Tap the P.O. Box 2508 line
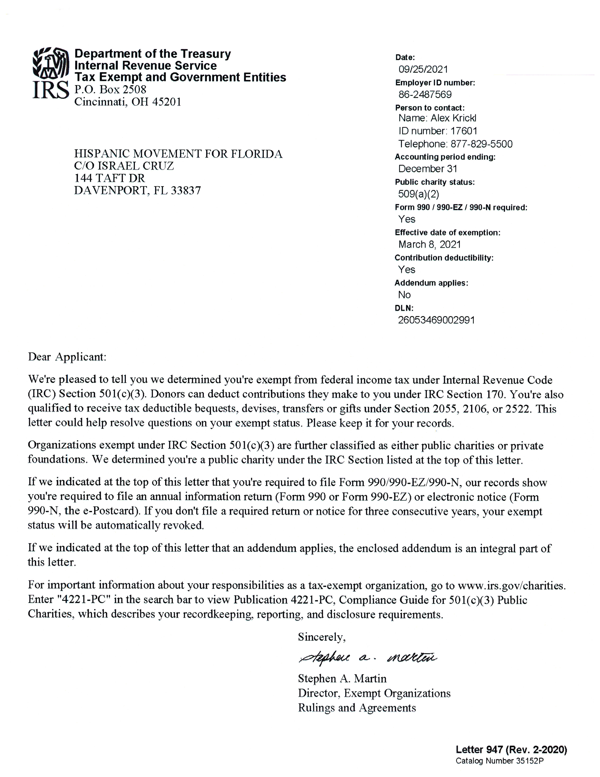[x=110, y=89]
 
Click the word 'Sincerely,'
[x=322, y=637]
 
